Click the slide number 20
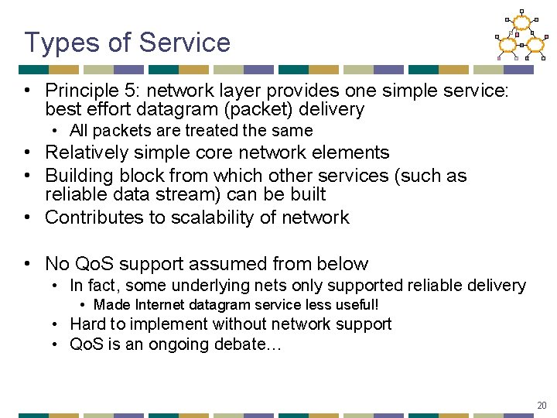[541, 405]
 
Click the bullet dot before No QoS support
[28, 264]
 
